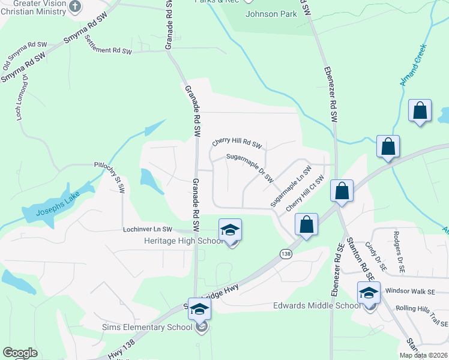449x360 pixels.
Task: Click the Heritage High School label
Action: tap(184, 241)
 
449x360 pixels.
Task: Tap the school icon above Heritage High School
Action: tap(230, 230)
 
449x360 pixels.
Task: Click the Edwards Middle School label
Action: tap(316, 305)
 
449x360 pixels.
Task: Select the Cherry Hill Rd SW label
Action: tap(238, 144)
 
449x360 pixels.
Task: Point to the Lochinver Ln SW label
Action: tap(147, 229)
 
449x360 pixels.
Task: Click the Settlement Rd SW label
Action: tap(108, 45)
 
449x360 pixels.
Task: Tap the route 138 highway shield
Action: tap(285, 254)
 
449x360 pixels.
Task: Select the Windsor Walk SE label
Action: tap(410, 292)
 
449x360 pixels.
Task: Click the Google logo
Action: tap(20, 353)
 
